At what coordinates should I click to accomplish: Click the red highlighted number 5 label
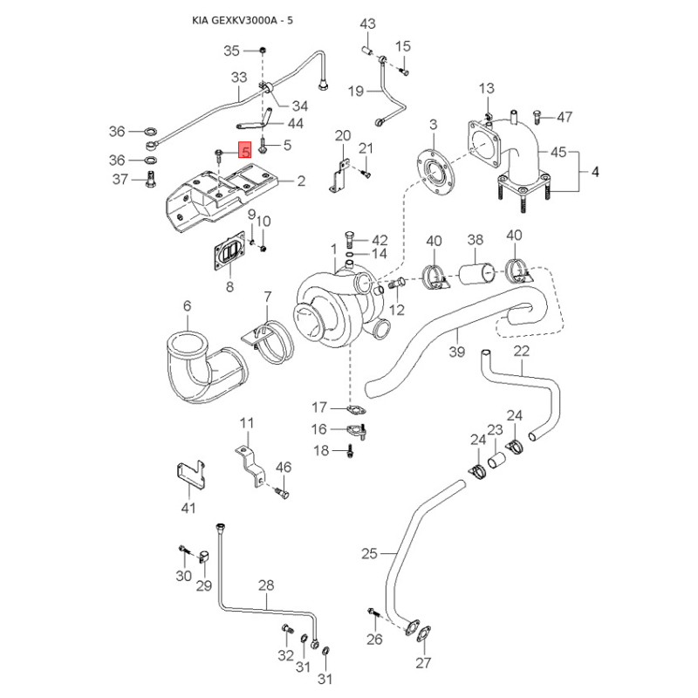[245, 151]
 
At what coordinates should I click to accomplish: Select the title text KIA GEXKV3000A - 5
[243, 20]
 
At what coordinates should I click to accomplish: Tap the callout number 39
[456, 352]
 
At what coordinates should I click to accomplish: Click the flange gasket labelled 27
[422, 633]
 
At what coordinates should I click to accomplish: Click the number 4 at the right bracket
[595, 172]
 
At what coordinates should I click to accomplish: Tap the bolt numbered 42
[350, 239]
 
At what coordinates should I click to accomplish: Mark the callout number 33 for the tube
[239, 78]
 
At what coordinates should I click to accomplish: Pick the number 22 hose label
[521, 352]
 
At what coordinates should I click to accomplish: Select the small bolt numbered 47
[537, 116]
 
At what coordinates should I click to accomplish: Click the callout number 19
[356, 91]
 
